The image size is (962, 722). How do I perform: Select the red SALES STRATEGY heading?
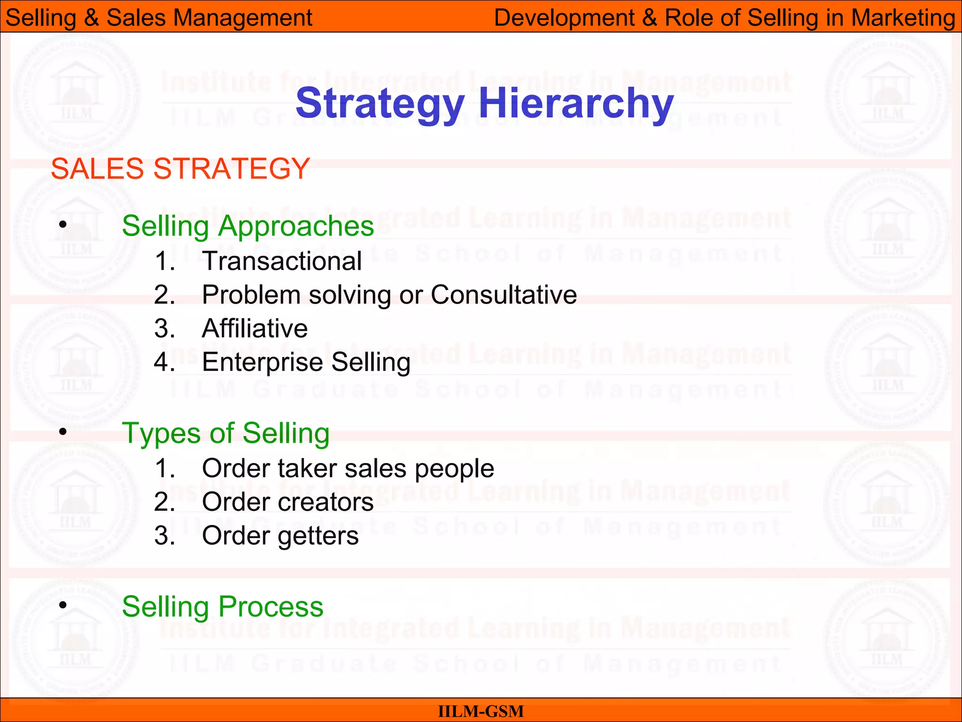[180, 168]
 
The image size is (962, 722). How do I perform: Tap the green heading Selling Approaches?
[248, 226]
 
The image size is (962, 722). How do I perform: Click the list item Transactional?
[282, 261]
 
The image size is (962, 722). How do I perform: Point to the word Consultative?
[504, 295]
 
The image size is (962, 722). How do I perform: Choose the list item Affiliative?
[255, 328]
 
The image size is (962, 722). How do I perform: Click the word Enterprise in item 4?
[263, 362]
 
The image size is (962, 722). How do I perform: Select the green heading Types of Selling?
[225, 433]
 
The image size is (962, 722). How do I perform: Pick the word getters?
[318, 536]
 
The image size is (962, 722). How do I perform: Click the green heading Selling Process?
[222, 606]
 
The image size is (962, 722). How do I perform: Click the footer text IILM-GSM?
[481, 711]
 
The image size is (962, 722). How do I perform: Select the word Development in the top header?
[564, 18]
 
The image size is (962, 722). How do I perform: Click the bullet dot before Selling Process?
[63, 604]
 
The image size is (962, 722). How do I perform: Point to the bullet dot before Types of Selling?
[63, 431]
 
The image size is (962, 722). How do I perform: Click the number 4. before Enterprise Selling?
[164, 362]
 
